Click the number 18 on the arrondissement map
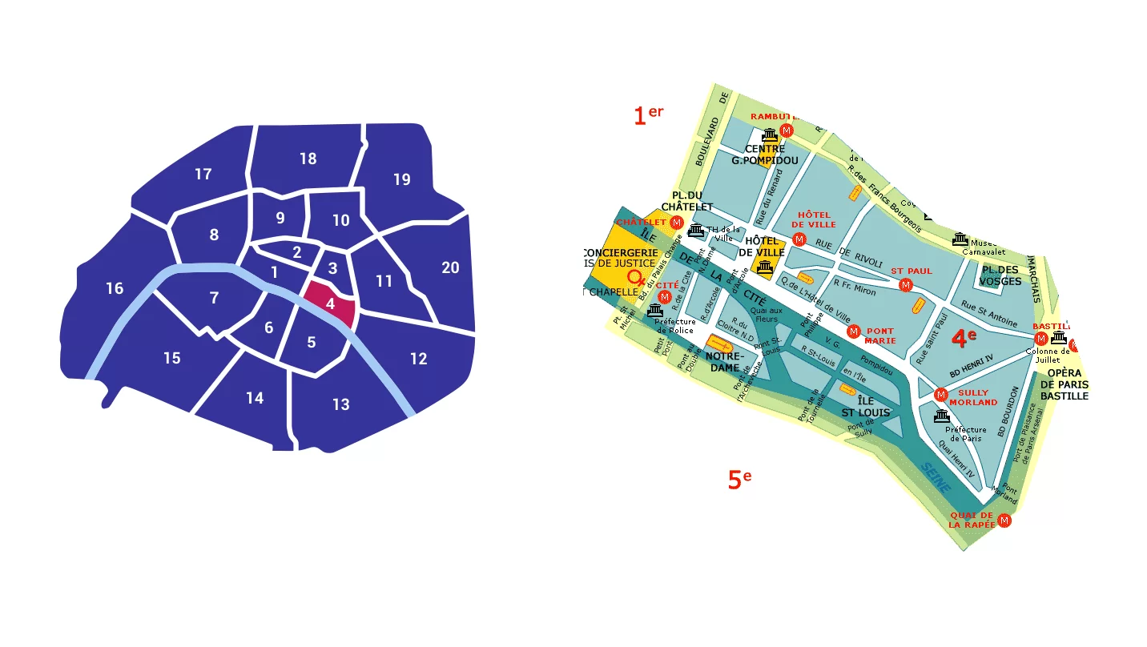(308, 159)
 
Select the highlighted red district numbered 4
(330, 303)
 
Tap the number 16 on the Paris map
(115, 288)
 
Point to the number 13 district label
(341, 404)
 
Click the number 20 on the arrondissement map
(451, 267)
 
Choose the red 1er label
(648, 115)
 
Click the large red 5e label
(739, 480)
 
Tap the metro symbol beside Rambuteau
(787, 130)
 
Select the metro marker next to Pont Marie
(854, 331)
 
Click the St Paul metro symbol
(906, 285)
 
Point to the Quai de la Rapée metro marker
(1004, 520)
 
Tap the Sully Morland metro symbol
(942, 394)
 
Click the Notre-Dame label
(726, 361)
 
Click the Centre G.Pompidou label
(765, 155)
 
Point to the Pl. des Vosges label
(1001, 275)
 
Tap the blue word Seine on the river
(935, 477)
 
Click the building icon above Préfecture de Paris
(942, 416)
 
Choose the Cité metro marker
(664, 297)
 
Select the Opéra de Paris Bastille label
(1064, 384)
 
